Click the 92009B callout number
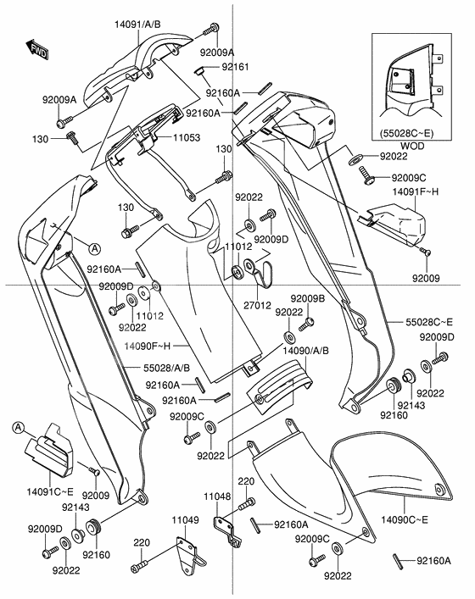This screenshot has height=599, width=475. pos(308,299)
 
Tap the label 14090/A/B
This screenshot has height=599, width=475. pos(306,349)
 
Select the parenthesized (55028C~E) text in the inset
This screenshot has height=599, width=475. pos(406,134)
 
